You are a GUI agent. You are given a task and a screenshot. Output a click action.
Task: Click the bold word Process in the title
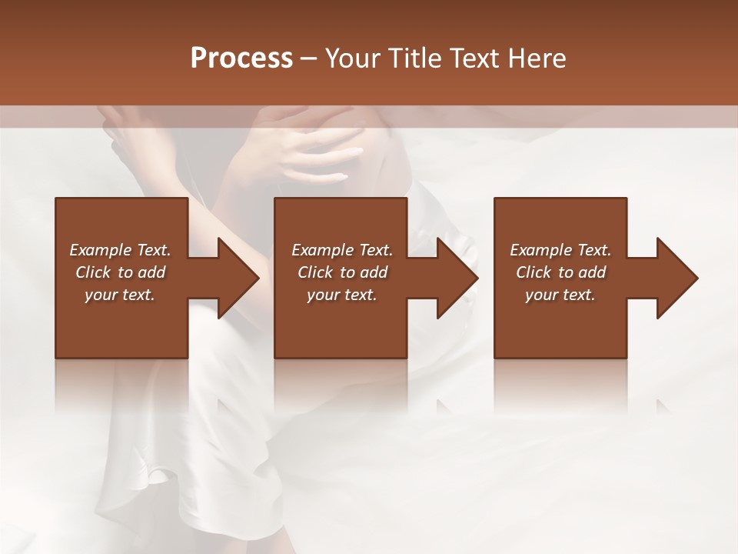pyautogui.click(x=241, y=58)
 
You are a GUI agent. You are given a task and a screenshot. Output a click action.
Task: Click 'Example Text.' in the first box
pyautogui.click(x=121, y=250)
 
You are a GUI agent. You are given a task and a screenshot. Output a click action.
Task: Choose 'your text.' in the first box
pyautogui.click(x=121, y=295)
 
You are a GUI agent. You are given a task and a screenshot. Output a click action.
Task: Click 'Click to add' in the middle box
pyautogui.click(x=342, y=272)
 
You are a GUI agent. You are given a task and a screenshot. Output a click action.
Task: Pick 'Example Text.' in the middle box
pyautogui.click(x=342, y=250)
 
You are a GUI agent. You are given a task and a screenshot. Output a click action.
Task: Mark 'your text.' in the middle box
pyautogui.click(x=342, y=295)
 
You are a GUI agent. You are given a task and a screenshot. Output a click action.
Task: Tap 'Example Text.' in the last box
pyautogui.click(x=560, y=250)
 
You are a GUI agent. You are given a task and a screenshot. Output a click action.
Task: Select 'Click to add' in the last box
pyautogui.click(x=560, y=272)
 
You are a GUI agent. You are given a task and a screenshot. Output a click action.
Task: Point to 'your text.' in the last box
pyautogui.click(x=560, y=295)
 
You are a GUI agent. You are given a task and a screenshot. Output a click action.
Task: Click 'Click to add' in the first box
pyautogui.click(x=121, y=272)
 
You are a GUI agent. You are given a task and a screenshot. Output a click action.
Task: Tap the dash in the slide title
pyautogui.click(x=308, y=58)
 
